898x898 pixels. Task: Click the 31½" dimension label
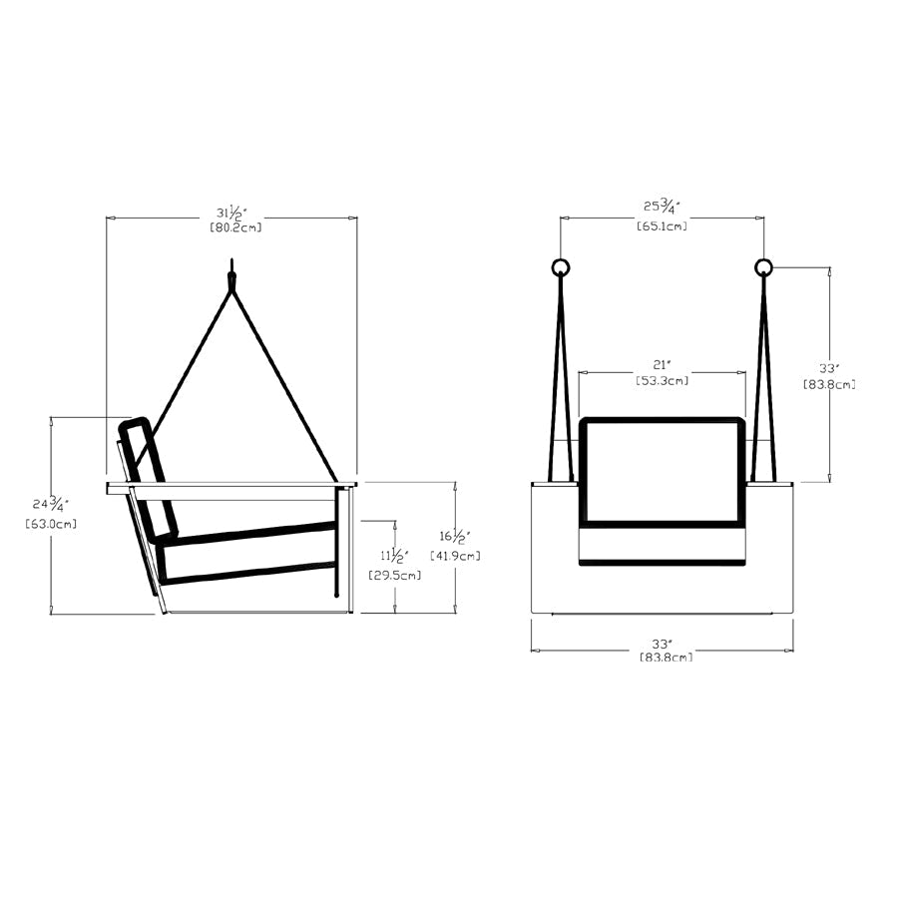click(x=233, y=213)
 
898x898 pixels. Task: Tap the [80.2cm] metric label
click(x=235, y=227)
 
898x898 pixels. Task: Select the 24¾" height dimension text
click(x=50, y=504)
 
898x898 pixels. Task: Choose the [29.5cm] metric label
click(x=394, y=575)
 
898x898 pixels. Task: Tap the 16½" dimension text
click(x=454, y=537)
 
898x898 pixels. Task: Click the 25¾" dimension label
click(x=662, y=207)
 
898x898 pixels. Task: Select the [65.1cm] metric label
click(x=662, y=226)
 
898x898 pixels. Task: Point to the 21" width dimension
click(x=662, y=364)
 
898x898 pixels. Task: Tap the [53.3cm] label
click(x=662, y=380)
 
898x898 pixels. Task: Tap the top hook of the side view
click(x=231, y=271)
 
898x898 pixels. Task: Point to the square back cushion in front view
click(x=662, y=471)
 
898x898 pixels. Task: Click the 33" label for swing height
click(x=828, y=367)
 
